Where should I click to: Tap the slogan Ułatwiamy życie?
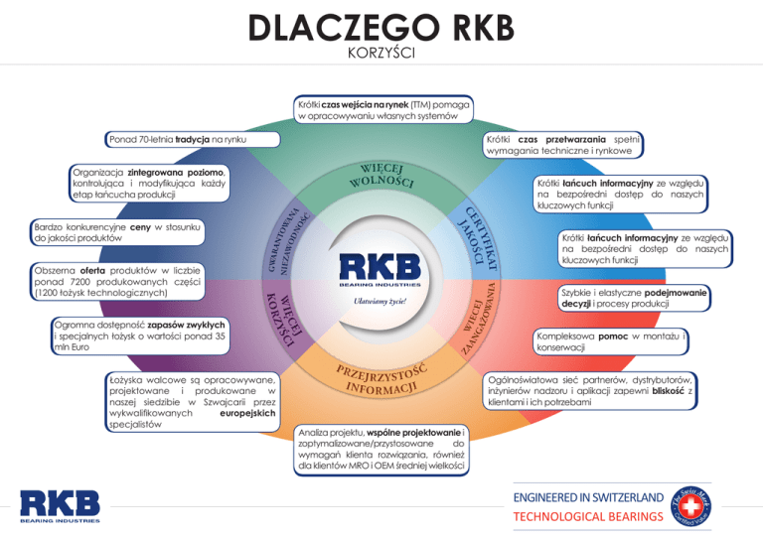pyautogui.click(x=381, y=300)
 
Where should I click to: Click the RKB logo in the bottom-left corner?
pyautogui.click(x=61, y=506)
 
